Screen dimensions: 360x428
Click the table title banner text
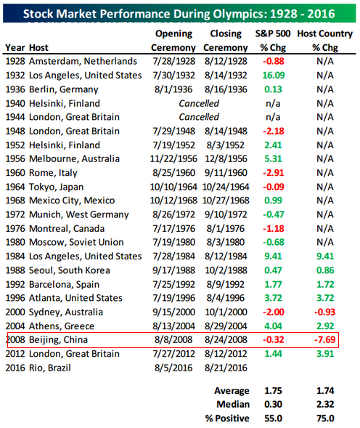tap(179, 14)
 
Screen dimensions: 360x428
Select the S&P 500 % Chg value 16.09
tap(274, 76)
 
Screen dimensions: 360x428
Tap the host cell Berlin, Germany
tap(64, 90)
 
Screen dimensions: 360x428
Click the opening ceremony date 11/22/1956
tap(173, 159)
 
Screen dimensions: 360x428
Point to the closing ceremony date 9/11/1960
tap(226, 173)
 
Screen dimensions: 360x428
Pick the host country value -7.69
tap(325, 339)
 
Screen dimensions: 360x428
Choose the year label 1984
tap(15, 257)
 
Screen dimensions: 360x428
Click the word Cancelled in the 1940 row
tap(199, 103)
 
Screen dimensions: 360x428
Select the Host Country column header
tap(325, 41)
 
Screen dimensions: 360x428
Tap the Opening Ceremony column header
tap(173, 41)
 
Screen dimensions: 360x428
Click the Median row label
tap(233, 404)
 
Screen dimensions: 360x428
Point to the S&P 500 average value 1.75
tap(273, 391)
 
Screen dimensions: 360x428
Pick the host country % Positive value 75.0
tap(325, 418)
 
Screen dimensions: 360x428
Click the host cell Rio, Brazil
tap(50, 368)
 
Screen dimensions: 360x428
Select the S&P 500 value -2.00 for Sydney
tap(274, 312)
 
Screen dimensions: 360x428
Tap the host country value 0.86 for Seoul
tap(325, 270)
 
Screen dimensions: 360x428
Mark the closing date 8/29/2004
tap(226, 326)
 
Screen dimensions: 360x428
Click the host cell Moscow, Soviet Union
tap(76, 243)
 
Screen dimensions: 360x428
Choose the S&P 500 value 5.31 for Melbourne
tap(273, 159)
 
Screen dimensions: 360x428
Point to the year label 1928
tap(15, 62)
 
